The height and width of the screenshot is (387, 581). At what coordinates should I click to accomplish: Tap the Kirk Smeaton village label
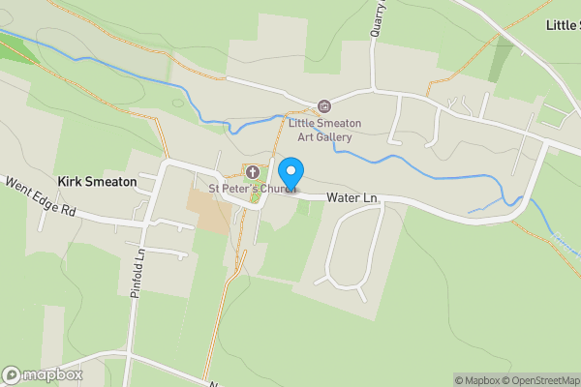(x=97, y=181)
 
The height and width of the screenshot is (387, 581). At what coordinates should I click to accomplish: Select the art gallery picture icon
(x=324, y=106)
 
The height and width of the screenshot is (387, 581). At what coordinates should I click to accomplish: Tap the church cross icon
(x=253, y=172)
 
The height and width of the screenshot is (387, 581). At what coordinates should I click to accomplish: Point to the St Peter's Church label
(x=251, y=188)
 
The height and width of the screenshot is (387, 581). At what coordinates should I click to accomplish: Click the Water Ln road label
(x=352, y=197)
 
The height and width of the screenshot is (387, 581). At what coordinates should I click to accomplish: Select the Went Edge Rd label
(x=41, y=196)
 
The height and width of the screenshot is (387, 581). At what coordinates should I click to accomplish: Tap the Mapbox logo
(x=42, y=375)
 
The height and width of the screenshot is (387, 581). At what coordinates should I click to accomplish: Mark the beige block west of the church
(x=209, y=209)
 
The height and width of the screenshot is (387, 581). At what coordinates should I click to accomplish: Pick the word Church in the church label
(x=272, y=188)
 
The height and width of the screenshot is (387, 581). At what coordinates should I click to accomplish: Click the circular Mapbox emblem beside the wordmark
(x=12, y=375)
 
